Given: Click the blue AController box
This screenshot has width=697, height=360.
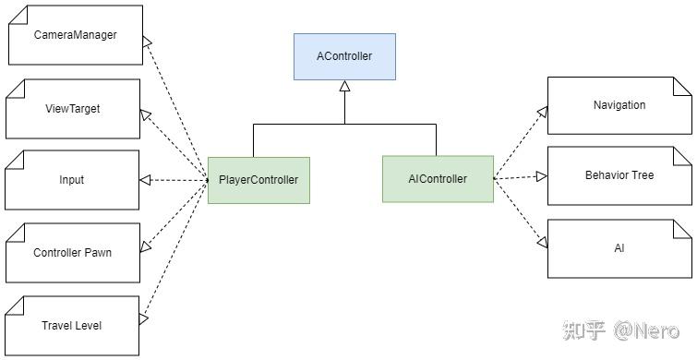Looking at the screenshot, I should coord(344,56).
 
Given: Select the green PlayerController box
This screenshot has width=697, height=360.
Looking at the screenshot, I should coord(258,180).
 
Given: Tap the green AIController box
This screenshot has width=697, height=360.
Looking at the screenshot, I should coord(438,179).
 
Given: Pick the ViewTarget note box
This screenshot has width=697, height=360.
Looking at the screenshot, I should coord(72,109).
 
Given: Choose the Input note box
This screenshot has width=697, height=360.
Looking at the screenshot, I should coord(72,180).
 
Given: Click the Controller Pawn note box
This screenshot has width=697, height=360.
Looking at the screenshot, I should coord(72,252).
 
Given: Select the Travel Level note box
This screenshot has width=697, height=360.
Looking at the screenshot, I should coord(72,325).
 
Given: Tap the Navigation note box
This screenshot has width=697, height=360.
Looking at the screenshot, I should coord(619,105).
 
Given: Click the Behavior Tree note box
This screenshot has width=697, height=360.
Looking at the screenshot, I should coord(619,175).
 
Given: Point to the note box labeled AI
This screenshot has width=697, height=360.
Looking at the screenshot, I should coord(619,248).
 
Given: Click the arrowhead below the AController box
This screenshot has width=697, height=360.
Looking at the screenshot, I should coord(344,87).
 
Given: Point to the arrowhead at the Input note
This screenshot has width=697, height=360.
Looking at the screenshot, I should coord(145,180).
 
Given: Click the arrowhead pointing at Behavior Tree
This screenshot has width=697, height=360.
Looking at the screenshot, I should coord(542,175).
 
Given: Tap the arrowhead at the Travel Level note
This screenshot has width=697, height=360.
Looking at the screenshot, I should coord(144,318).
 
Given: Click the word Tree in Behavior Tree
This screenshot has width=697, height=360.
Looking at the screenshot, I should coord(643,175).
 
